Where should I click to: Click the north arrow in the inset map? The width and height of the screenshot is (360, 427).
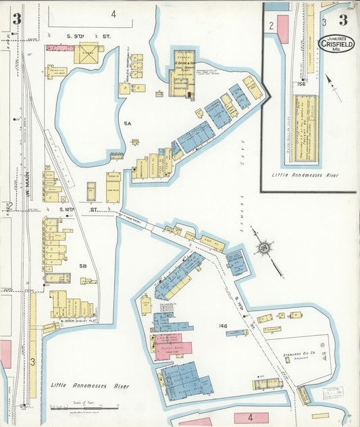click(x=333, y=88)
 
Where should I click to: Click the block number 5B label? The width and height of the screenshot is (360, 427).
click(x=83, y=266)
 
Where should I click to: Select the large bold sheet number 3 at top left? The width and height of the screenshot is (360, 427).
click(x=17, y=19)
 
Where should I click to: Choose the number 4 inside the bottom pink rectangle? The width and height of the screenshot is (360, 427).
click(x=251, y=418)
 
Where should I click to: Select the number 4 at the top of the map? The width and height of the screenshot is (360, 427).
click(x=113, y=14)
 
